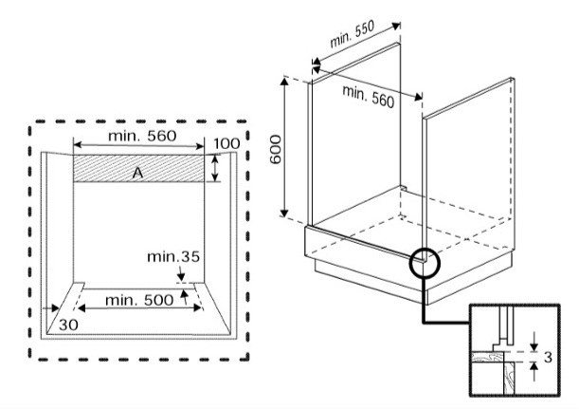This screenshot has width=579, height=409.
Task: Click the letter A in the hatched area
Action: tap(137, 173)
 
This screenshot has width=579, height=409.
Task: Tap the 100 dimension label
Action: tap(226, 143)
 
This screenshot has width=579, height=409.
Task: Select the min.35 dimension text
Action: tap(173, 256)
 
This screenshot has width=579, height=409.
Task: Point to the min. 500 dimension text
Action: tap(139, 300)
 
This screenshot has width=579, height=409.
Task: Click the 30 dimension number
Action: tap(68, 325)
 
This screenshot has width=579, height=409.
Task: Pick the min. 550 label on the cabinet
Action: tap(352, 34)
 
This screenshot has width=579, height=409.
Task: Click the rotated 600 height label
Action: tap(276, 149)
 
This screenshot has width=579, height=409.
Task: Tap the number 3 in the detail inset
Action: tap(548, 357)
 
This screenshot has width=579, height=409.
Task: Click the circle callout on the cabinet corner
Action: tap(425, 263)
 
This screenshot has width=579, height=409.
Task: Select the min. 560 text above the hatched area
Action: tap(142, 136)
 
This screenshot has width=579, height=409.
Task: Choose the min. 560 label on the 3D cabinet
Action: tap(368, 96)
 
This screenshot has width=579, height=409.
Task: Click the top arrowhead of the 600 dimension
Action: tap(284, 82)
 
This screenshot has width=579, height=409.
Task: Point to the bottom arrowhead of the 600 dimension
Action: tap(283, 213)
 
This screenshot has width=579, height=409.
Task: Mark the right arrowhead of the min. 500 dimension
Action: tap(196, 307)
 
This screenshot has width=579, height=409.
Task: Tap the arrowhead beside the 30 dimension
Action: tap(55, 307)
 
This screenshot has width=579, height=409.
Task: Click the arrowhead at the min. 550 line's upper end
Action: tap(396, 26)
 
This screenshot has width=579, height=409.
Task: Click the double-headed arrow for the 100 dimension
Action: tap(215, 168)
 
